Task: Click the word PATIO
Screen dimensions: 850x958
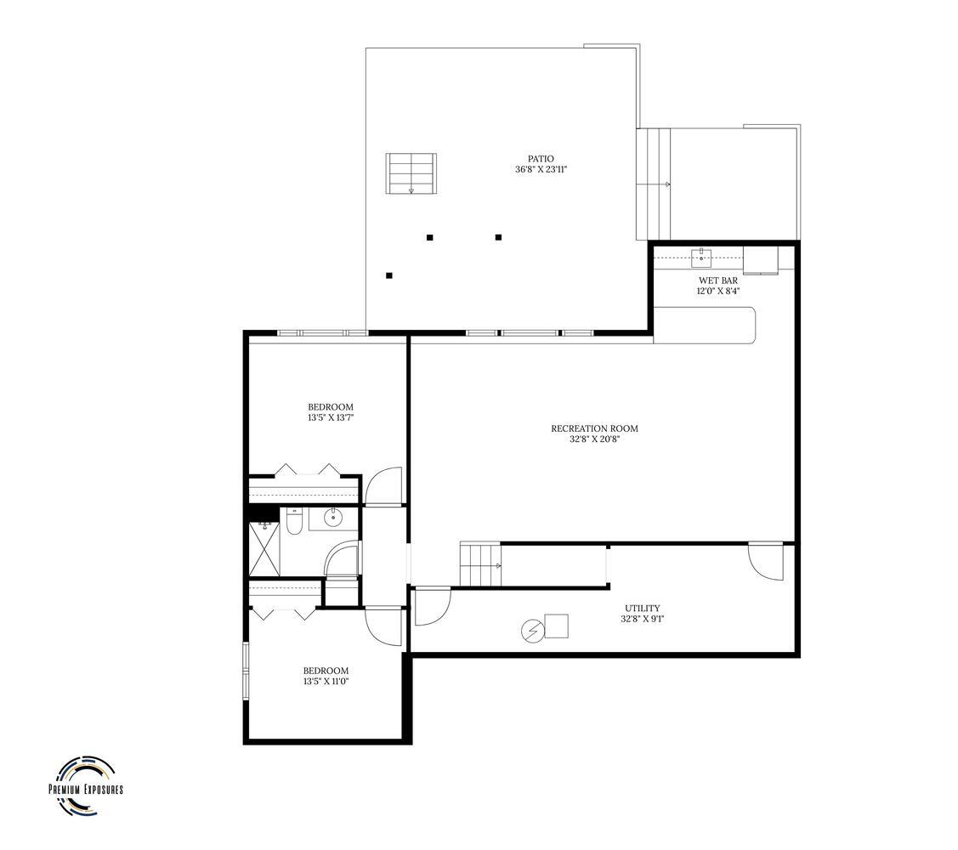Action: (541, 159)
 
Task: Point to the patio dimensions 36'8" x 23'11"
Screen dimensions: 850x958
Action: (541, 170)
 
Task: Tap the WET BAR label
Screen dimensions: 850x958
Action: (717, 280)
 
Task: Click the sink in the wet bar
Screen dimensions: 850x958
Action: (701, 258)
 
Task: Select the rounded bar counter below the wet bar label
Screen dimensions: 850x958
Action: (705, 326)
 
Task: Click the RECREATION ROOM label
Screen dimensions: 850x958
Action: (594, 428)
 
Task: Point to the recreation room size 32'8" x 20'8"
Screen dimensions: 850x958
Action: (594, 439)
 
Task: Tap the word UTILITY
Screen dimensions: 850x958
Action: (642, 608)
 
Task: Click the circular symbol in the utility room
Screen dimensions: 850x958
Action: (532, 631)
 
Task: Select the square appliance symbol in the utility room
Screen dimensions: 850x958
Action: (557, 626)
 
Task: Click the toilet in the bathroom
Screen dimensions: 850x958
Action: (292, 520)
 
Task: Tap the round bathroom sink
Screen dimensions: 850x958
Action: (332, 517)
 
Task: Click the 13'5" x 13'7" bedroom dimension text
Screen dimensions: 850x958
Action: (330, 418)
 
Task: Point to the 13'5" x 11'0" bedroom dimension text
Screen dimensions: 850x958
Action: (326, 682)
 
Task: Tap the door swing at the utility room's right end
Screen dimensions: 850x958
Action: (766, 560)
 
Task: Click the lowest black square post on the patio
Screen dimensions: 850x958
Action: (389, 275)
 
